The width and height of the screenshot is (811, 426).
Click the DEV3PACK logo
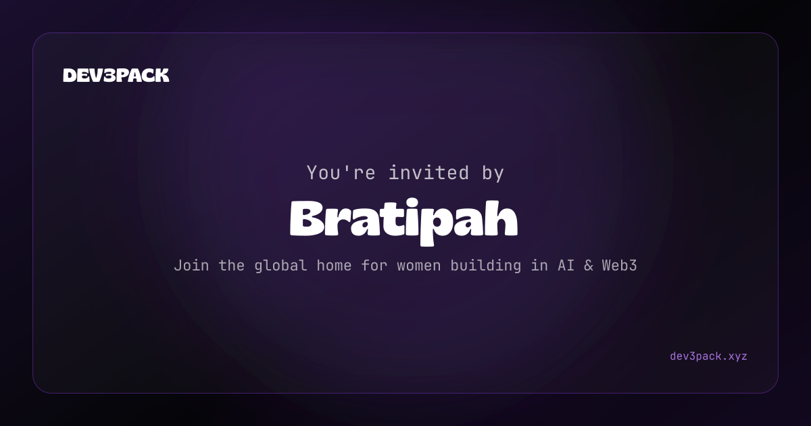[116, 75]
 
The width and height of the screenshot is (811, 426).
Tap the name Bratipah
[403, 222]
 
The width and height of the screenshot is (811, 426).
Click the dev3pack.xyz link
[708, 356]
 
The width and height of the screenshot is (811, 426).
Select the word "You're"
[341, 173]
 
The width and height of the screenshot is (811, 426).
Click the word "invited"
[428, 172]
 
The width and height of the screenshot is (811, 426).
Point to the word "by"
[493, 173]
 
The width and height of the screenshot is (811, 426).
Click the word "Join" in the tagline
[191, 266]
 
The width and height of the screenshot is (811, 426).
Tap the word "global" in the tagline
[280, 266]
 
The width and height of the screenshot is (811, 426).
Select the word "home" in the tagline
[334, 266]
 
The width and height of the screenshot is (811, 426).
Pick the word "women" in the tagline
[419, 266]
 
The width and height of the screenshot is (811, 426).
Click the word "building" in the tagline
[486, 266]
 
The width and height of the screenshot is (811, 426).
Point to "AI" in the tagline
[566, 266]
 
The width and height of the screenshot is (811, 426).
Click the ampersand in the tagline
[589, 266]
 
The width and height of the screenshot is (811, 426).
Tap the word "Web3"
[620, 266]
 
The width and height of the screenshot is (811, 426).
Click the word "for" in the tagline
[374, 266]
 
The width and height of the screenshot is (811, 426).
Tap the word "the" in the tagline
[231, 266]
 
